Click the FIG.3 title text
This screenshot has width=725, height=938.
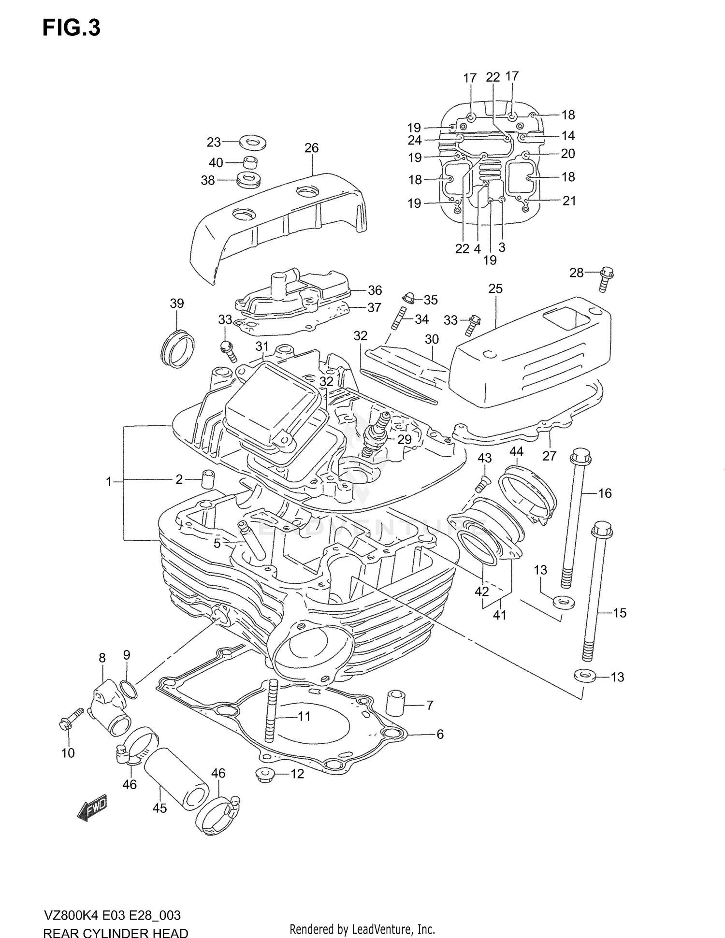[x=72, y=28]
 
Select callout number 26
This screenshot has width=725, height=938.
[x=311, y=148]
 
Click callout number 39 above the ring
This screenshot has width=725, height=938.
[x=177, y=303]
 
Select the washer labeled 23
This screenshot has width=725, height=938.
[x=254, y=143]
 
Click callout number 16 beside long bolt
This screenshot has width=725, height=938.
[x=605, y=493]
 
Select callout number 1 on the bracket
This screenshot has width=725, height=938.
[x=109, y=481]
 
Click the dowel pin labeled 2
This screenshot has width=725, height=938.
[x=207, y=479]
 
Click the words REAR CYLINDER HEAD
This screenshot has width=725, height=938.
[x=116, y=931]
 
